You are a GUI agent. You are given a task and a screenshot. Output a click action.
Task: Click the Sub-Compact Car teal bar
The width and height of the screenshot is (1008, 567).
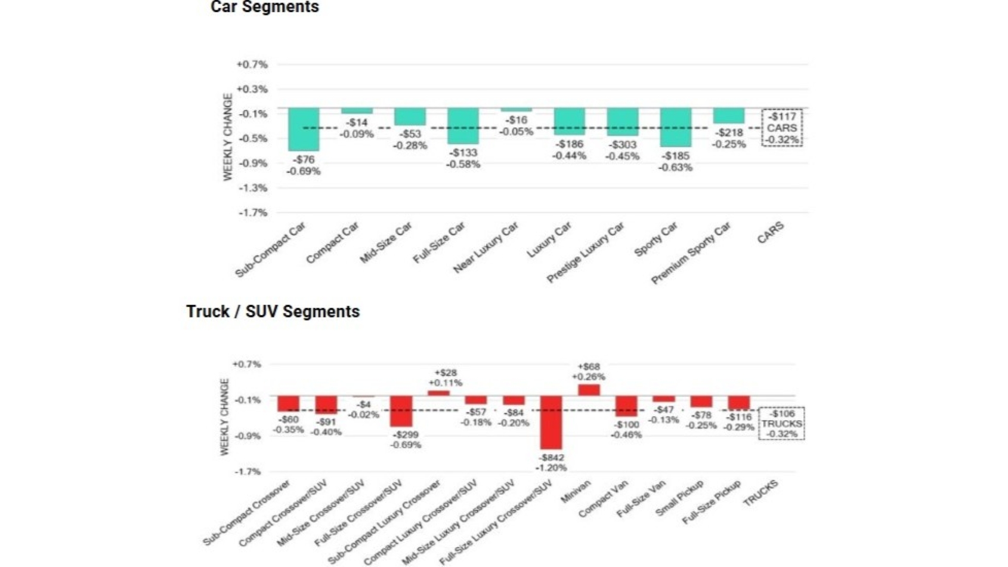click(304, 129)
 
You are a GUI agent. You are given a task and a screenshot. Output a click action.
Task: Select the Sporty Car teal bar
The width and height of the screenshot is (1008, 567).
click(676, 127)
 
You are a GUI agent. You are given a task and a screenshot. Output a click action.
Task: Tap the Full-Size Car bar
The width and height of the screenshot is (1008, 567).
click(463, 126)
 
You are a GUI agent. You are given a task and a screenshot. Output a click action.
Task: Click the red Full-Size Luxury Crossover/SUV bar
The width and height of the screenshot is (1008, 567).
click(551, 422)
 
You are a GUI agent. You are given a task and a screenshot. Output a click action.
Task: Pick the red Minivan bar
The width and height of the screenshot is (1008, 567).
click(589, 390)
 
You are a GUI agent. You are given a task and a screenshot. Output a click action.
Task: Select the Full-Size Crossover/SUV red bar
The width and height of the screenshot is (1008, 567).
click(401, 411)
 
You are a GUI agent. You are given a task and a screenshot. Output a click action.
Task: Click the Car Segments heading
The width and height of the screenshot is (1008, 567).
click(265, 7)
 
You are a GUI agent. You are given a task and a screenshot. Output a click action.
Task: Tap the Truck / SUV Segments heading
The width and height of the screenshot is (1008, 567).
click(273, 312)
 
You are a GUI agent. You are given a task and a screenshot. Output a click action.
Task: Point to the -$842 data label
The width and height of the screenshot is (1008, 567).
click(551, 458)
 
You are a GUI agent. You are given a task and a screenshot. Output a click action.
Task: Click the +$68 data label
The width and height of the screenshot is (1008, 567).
click(589, 366)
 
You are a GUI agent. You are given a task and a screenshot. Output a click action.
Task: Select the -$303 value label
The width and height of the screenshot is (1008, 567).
click(622, 145)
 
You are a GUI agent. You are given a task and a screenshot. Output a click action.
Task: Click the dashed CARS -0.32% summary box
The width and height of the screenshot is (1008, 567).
click(782, 128)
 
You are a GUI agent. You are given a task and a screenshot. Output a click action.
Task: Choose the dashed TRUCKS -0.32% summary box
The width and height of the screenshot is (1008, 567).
click(781, 424)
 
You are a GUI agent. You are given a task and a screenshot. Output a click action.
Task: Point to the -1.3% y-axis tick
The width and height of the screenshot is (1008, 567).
click(253, 188)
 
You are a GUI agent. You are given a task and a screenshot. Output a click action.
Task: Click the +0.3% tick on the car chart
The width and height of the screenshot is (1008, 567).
click(252, 89)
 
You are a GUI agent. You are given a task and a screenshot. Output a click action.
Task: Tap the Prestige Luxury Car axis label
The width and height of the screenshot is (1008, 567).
click(586, 252)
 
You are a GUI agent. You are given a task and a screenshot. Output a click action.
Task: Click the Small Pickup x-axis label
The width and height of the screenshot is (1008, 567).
click(680, 498)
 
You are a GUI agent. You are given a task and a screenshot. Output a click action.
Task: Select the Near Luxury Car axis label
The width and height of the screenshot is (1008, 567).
click(486, 247)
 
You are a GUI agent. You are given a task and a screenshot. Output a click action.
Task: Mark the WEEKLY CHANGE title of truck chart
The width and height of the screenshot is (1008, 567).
click(225, 417)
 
